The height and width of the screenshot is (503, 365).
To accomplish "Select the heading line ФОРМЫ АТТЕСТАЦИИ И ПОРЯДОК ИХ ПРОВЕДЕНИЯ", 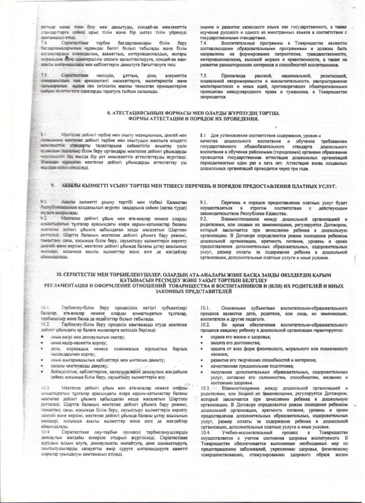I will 182,118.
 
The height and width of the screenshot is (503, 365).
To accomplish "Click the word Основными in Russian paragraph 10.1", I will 236,307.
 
